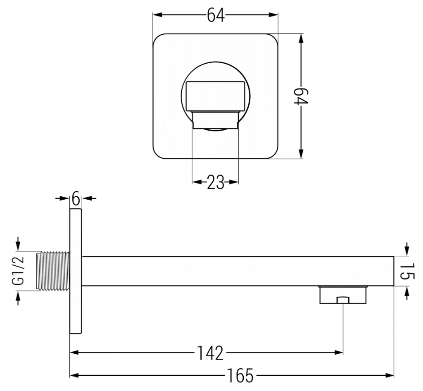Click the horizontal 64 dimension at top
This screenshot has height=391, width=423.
tap(215, 15)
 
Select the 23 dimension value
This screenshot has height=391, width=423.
tap(215, 182)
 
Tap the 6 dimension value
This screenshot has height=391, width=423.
tap(76, 198)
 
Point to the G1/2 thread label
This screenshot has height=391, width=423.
tap(18, 271)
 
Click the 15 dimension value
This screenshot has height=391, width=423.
tap(407, 271)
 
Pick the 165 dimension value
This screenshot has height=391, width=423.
tap(240, 375)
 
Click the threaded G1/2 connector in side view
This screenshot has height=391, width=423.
tap(53, 271)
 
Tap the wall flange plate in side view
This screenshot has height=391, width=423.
tap(76, 271)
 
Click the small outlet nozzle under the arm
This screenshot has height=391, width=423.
tap(343, 295)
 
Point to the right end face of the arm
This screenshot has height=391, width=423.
tap(393, 271)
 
